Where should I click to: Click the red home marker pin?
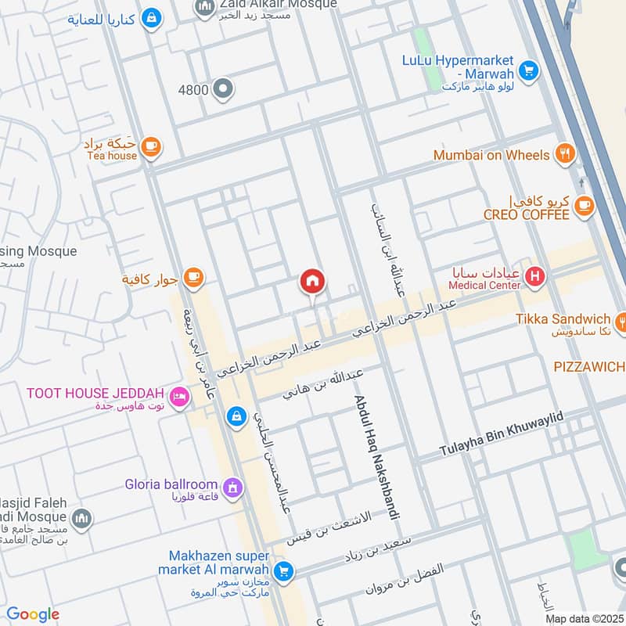(312, 282)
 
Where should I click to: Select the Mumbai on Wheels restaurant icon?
(563, 155)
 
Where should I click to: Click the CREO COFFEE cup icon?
(583, 206)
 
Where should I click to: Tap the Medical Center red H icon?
(534, 275)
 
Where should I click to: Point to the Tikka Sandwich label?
(563, 318)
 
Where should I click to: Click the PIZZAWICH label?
(589, 366)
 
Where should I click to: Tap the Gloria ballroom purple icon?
(232, 489)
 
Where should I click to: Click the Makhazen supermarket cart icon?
(283, 571)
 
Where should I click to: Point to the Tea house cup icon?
(150, 146)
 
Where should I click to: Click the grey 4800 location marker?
(224, 89)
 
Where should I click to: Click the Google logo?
(33, 614)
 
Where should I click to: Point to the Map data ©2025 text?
(584, 619)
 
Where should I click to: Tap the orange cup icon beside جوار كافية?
(192, 276)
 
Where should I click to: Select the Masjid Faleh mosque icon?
(81, 519)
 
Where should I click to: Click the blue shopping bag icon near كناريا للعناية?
(152, 18)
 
